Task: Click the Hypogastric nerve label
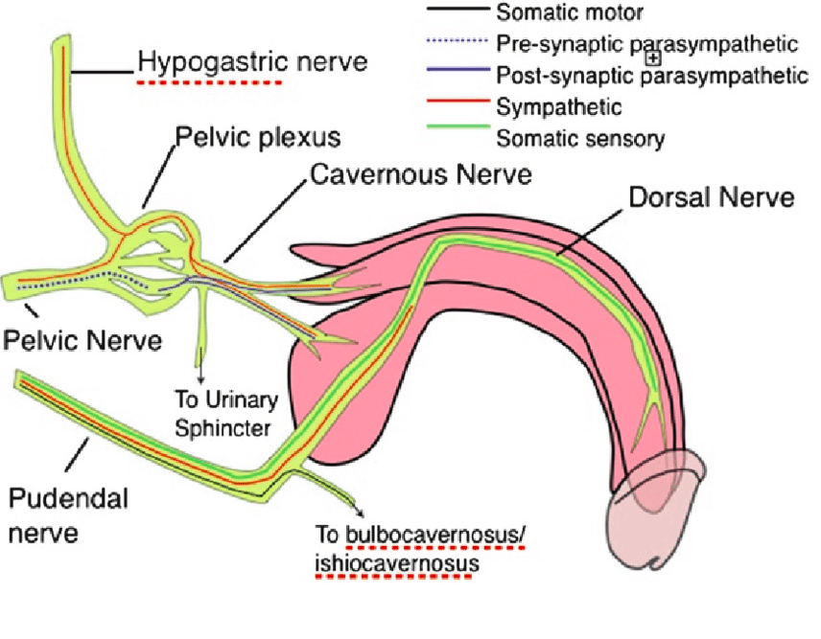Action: tap(252, 63)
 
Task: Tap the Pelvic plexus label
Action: tap(257, 137)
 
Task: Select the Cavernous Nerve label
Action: tap(421, 175)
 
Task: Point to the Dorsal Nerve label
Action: tap(711, 197)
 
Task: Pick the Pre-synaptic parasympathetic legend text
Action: tap(647, 43)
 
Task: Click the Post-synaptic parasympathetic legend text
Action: tap(652, 74)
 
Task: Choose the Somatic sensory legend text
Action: tap(579, 137)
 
